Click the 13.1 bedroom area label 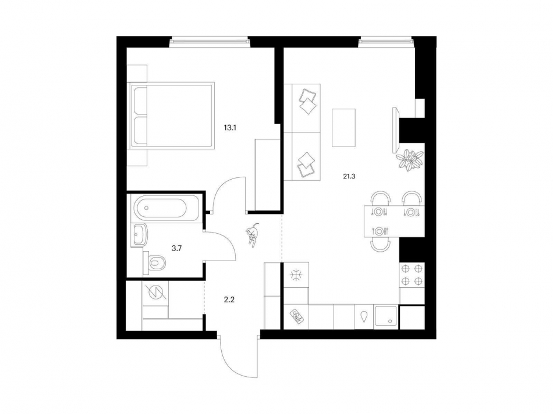[x=229, y=127]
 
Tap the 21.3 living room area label [x=349, y=177]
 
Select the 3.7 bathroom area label [x=176, y=248]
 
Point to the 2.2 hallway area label [x=229, y=300]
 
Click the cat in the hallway [x=253, y=235]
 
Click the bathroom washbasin [x=140, y=235]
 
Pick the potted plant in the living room [x=409, y=159]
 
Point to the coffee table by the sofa [x=343, y=127]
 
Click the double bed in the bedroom [x=172, y=115]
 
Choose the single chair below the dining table [x=380, y=245]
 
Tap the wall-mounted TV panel [x=396, y=130]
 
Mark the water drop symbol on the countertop [x=364, y=316]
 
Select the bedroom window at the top [x=210, y=42]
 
